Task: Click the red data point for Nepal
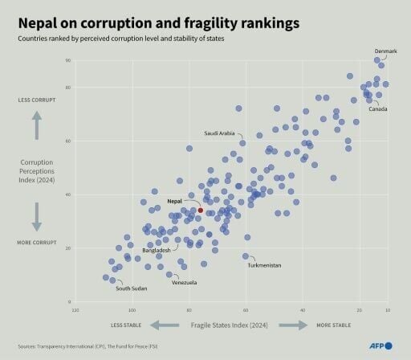(201, 210)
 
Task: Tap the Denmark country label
(386, 51)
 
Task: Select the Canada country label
(377, 108)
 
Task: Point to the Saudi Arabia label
(219, 133)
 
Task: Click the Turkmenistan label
(264, 265)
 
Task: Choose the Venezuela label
(185, 283)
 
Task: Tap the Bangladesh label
(157, 250)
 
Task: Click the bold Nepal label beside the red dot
(175, 201)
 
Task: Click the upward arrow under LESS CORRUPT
(37, 125)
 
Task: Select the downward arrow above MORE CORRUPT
(37, 215)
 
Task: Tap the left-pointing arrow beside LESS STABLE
(165, 325)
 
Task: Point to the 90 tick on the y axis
(68, 60)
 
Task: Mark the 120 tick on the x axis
(75, 309)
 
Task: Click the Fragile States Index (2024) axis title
(230, 325)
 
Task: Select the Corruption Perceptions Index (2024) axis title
(37, 170)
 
